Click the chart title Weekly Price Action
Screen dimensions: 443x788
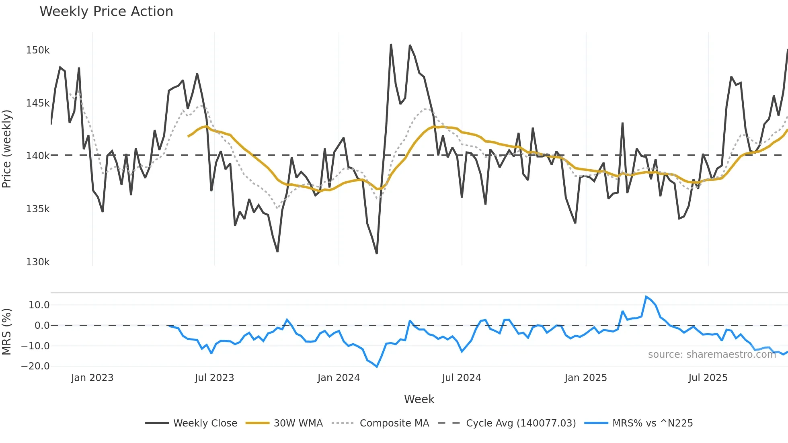point(106,12)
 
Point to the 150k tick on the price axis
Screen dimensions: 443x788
point(38,50)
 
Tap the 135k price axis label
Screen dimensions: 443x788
point(38,209)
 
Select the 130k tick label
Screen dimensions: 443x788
point(38,262)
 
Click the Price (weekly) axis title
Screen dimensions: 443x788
point(7,149)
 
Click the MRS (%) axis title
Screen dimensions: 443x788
point(7,332)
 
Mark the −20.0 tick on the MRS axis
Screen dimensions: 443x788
point(35,366)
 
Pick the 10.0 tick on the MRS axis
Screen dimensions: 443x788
point(39,305)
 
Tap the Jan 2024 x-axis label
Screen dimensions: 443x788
point(339,378)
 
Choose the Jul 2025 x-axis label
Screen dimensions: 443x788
point(708,378)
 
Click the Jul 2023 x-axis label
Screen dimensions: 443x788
point(214,378)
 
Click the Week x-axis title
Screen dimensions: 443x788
point(419,399)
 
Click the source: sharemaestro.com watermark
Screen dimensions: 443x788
point(712,355)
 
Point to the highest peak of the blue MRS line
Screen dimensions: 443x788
point(646,297)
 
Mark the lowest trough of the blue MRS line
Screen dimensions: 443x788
point(377,367)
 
